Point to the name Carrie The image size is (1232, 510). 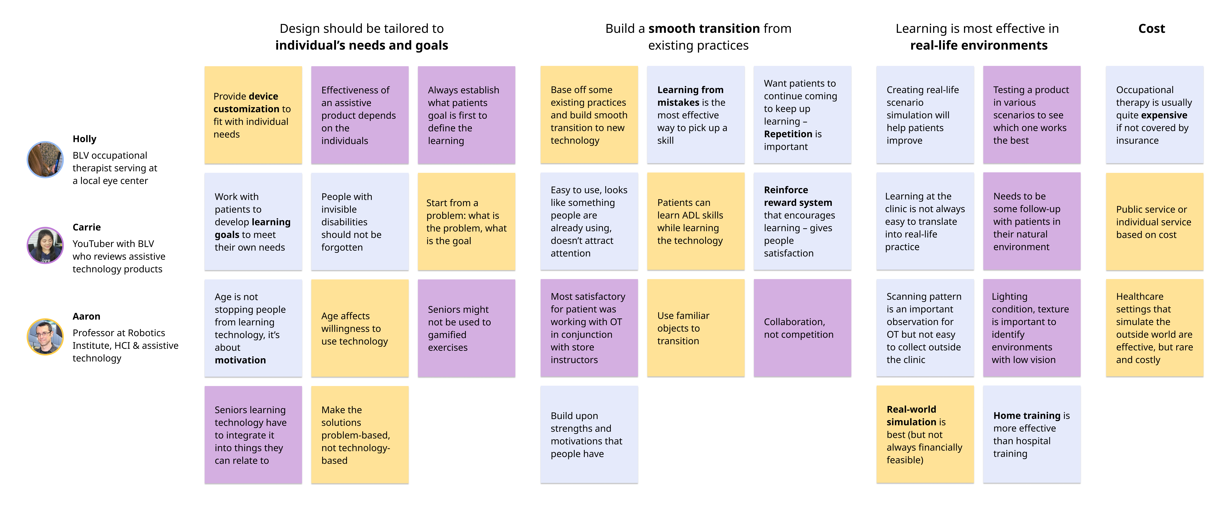coord(87,227)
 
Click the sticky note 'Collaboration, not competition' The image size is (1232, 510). coord(802,328)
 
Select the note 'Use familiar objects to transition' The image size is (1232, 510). coord(695,328)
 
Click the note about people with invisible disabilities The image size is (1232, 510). coord(360,222)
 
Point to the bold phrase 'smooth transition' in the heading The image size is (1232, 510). coord(704,29)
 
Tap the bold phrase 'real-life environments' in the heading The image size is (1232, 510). coord(978,45)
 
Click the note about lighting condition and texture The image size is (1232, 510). coord(1032,328)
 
